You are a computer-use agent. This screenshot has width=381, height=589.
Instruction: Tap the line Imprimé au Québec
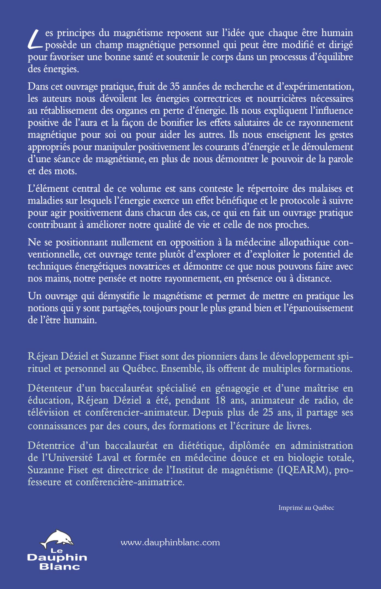(306, 508)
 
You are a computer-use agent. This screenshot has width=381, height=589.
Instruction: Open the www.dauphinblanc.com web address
(170, 543)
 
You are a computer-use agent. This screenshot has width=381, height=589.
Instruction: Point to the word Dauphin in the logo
(57, 558)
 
